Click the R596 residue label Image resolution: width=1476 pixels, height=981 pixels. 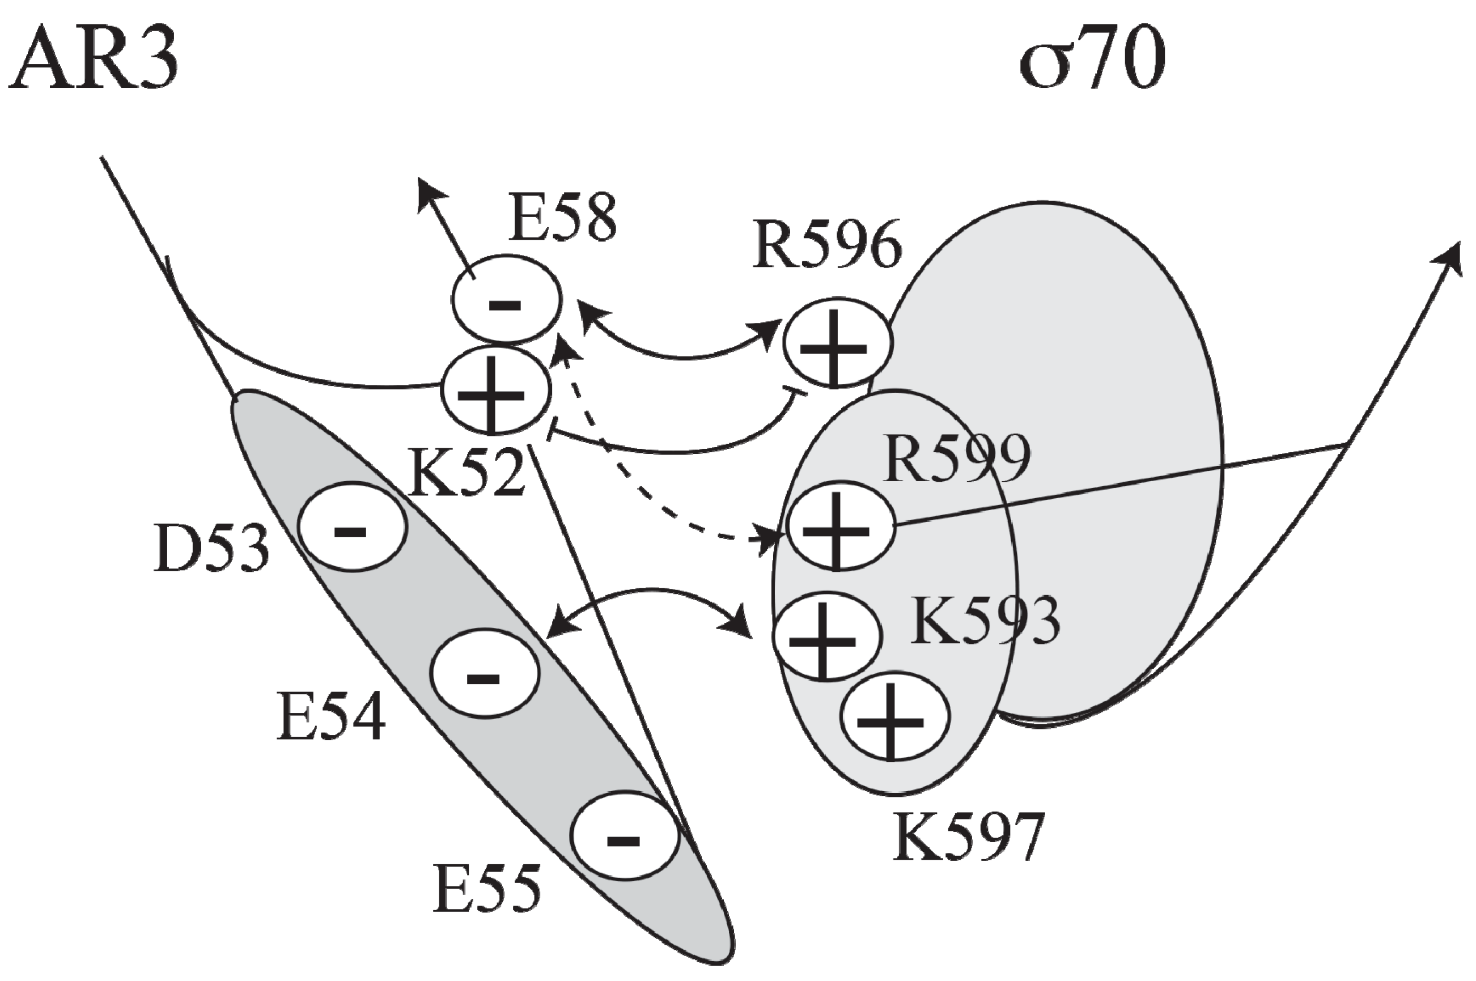pos(827,245)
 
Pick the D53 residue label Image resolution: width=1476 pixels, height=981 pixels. pos(211,549)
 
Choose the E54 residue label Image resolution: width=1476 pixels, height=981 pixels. pos(331,717)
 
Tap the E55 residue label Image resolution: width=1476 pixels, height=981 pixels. pos(487,889)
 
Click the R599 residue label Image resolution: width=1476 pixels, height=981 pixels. pos(956,460)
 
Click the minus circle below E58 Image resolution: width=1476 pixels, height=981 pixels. pos(507,300)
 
